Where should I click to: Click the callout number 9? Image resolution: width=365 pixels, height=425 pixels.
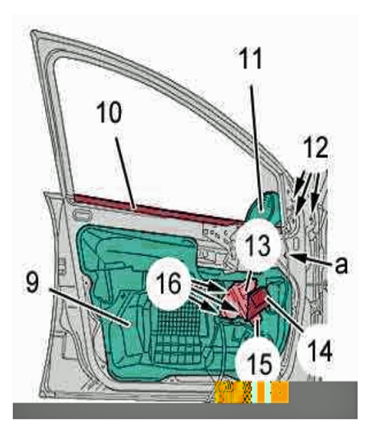click(x=34, y=283)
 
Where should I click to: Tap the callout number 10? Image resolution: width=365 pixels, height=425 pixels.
click(x=110, y=112)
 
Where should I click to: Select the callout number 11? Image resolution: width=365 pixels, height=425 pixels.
click(x=250, y=58)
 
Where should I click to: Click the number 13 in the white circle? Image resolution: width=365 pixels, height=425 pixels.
click(x=259, y=245)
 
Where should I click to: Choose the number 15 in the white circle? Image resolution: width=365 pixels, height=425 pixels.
click(x=259, y=364)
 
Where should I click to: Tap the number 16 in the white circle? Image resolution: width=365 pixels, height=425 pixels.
click(x=169, y=284)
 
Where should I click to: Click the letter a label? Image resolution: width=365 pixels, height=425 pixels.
click(x=341, y=265)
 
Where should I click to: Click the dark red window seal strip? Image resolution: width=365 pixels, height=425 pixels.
click(x=155, y=210)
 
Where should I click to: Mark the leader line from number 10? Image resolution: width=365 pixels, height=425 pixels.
click(x=125, y=173)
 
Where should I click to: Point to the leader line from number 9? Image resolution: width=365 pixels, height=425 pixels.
click(x=91, y=306)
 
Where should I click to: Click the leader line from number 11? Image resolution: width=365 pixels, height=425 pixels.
click(x=256, y=149)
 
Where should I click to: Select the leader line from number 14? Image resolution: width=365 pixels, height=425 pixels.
click(x=284, y=314)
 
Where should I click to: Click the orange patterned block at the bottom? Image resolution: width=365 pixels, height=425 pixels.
click(x=251, y=391)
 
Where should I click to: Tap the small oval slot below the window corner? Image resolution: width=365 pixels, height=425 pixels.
click(x=81, y=215)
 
